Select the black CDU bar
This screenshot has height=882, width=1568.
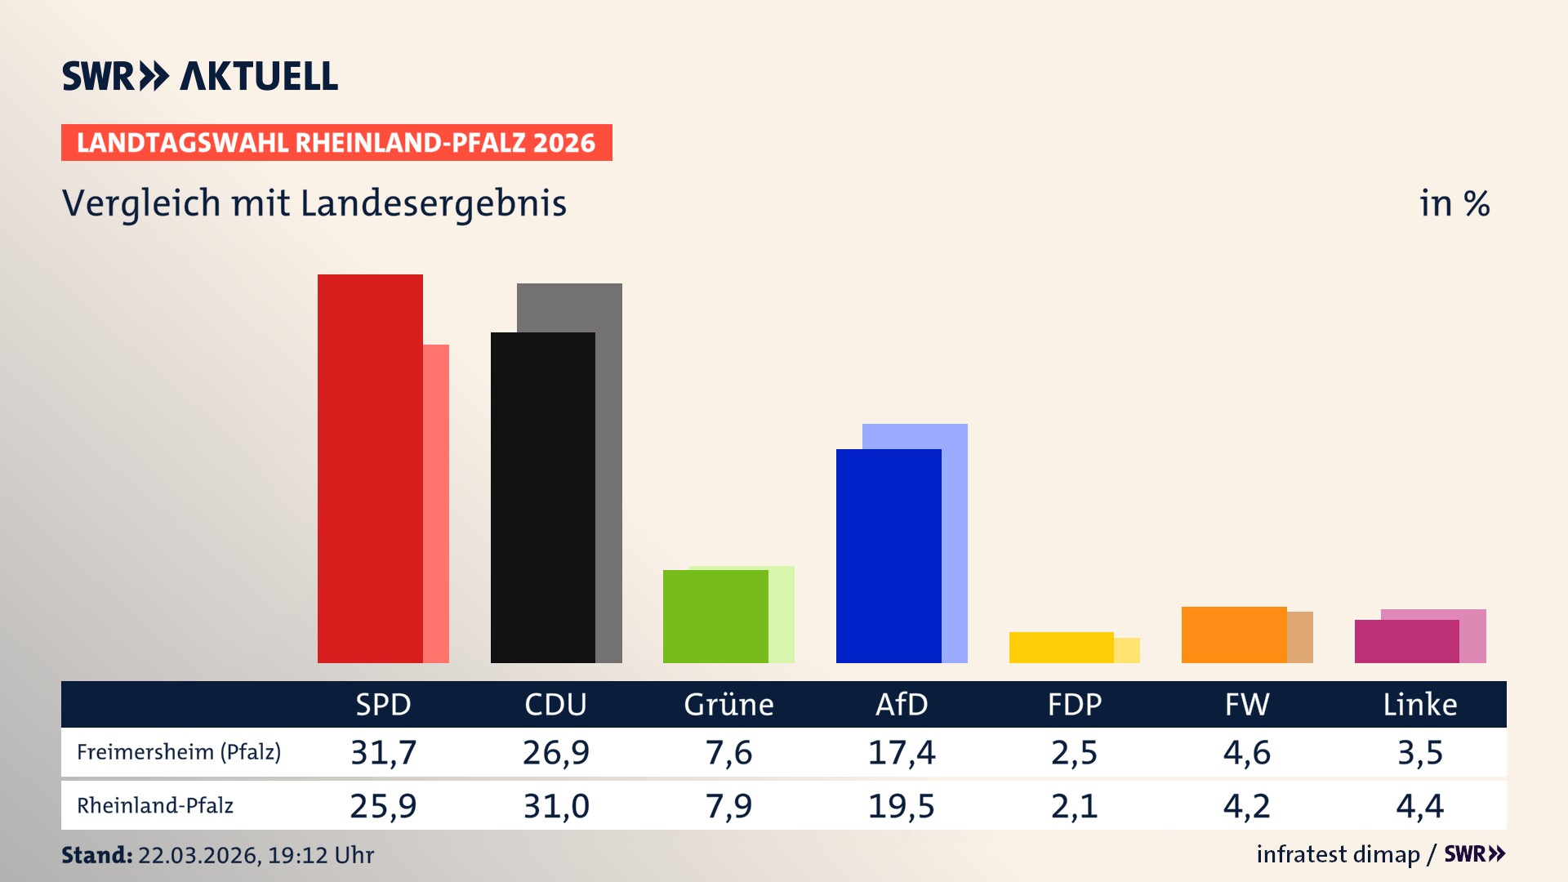(x=543, y=497)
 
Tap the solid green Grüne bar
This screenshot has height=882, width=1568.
(x=715, y=617)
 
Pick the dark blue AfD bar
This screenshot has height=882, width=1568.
(x=889, y=555)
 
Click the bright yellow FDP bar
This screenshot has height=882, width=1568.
(x=1061, y=648)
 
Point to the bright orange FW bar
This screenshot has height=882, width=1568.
(x=1234, y=635)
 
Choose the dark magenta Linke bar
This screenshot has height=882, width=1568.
(x=1406, y=641)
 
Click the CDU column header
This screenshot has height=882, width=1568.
(x=555, y=705)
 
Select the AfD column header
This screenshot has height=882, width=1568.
(x=902, y=705)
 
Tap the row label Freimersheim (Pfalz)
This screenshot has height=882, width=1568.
(x=179, y=752)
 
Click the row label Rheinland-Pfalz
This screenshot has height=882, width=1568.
(x=155, y=806)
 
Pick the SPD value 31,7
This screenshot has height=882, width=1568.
(x=383, y=752)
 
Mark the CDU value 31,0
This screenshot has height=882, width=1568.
(x=555, y=806)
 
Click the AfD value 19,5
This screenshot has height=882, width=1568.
(x=902, y=806)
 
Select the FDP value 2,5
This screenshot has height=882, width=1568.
(x=1074, y=752)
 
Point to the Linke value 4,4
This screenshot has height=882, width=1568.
(x=1419, y=806)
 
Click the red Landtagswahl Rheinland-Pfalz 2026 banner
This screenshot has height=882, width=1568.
(x=336, y=143)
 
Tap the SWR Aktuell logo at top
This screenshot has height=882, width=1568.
(x=200, y=76)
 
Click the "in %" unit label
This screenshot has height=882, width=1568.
(x=1454, y=203)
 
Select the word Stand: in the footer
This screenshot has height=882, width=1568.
(x=96, y=855)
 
